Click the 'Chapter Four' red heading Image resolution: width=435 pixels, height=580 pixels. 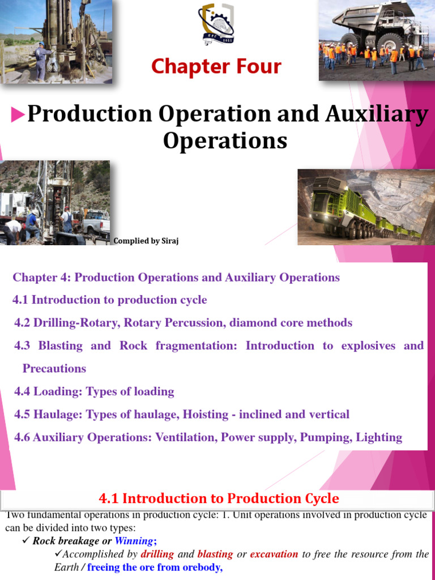tap(216, 67)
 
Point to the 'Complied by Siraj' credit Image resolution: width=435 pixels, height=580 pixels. tap(146, 241)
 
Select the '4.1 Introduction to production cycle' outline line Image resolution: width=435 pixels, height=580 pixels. tap(110, 300)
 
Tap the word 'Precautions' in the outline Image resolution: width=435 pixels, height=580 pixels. tap(54, 368)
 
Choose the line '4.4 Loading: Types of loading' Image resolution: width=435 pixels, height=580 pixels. tap(94, 391)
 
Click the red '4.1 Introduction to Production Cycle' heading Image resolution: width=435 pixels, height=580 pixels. tap(219, 498)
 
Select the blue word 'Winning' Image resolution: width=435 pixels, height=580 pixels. tap(134, 540)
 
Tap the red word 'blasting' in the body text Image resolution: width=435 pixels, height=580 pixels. tap(215, 554)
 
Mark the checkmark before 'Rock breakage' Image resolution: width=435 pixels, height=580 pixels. tap(25, 540)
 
